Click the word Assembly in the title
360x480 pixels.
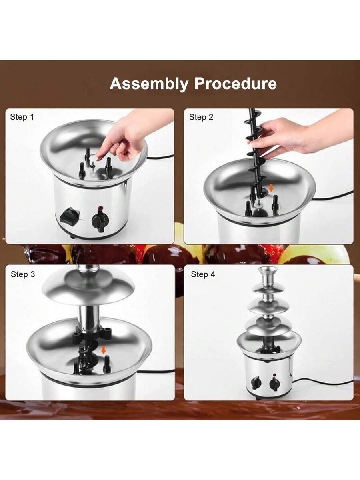point(149,84)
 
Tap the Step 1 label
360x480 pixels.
point(22,117)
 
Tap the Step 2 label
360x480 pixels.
point(201,117)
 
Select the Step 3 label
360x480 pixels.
point(23,274)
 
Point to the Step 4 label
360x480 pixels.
point(203,274)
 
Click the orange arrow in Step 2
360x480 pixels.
point(271,188)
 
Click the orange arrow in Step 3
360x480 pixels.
point(103,351)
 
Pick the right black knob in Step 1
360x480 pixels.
point(100,220)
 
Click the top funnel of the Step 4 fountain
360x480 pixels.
point(268,276)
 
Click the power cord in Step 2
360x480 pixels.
point(332,196)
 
